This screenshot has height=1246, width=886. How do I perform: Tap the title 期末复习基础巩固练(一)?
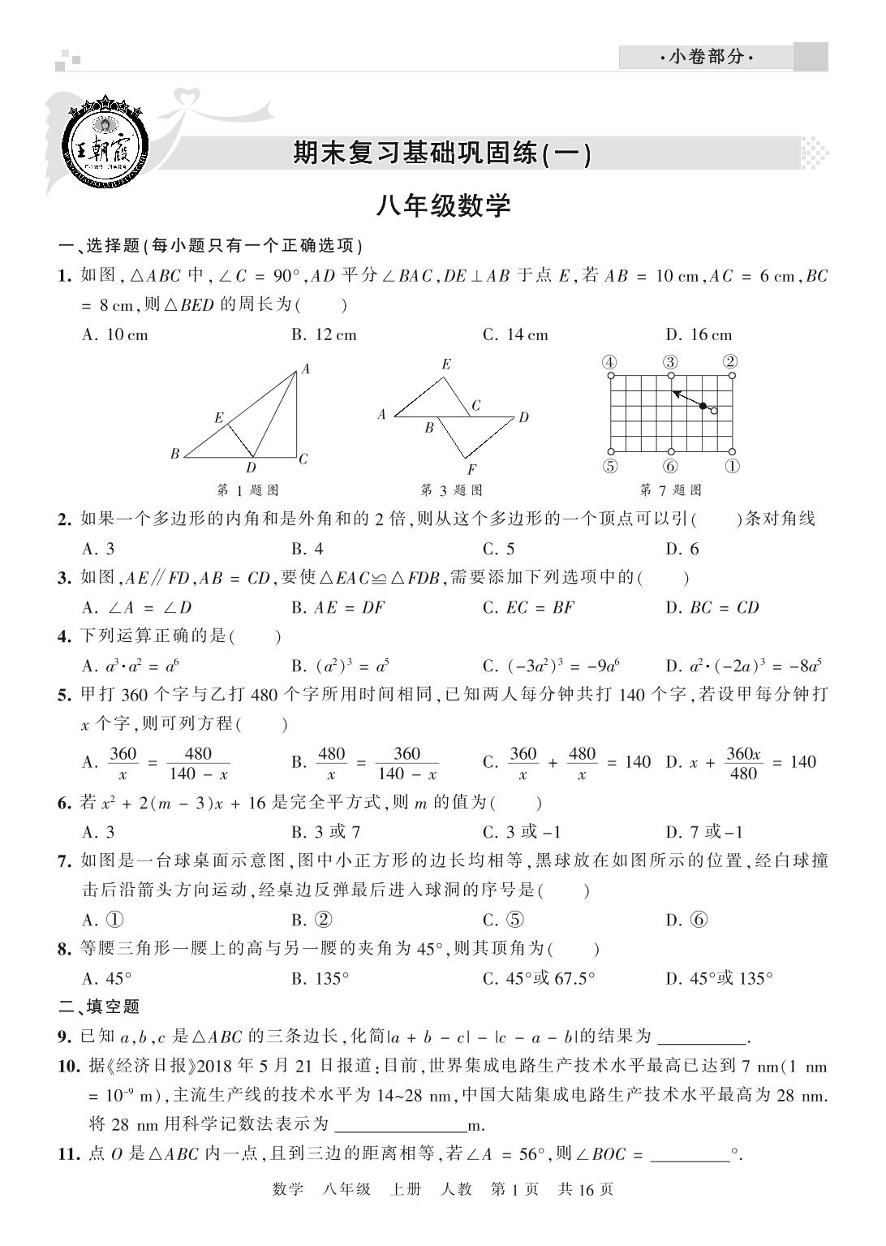pyautogui.click(x=442, y=153)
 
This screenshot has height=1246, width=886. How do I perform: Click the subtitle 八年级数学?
pyautogui.click(x=442, y=206)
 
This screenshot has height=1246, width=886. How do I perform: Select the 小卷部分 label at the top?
pyautogui.click(x=706, y=58)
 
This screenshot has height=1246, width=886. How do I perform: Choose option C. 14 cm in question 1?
pyautogui.click(x=515, y=334)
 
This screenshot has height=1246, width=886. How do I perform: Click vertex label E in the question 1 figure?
pyautogui.click(x=219, y=418)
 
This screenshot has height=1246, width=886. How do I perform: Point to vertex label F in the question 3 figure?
pyautogui.click(x=471, y=469)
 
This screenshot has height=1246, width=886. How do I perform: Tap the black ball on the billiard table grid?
pyautogui.click(x=703, y=405)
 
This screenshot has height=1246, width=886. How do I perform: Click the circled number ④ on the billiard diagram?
pyautogui.click(x=610, y=362)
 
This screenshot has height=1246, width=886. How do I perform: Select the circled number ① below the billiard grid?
pyautogui.click(x=732, y=467)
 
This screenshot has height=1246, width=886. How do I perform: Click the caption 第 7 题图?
pyautogui.click(x=670, y=489)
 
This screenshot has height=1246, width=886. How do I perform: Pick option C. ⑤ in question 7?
pyautogui.click(x=503, y=920)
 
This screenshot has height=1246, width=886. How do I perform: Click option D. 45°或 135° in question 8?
pyautogui.click(x=719, y=978)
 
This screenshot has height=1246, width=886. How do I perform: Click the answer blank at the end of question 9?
pyautogui.click(x=702, y=1037)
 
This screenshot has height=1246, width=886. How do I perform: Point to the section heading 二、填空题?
pyautogui.click(x=100, y=1007)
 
